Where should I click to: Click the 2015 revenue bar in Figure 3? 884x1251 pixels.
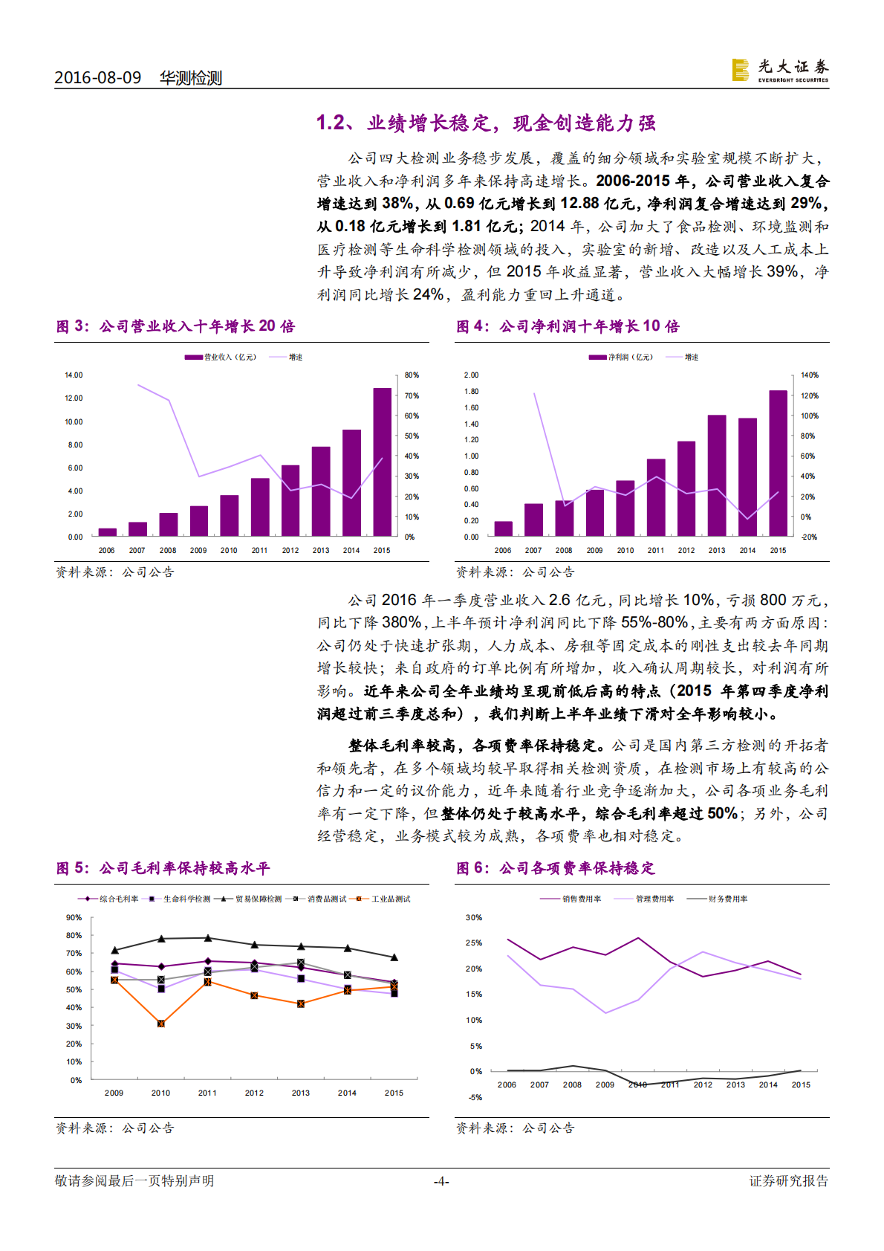[x=382, y=462]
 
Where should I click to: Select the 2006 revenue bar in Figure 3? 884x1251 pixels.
[x=107, y=532]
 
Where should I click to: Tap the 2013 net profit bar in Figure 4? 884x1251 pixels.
[x=717, y=476]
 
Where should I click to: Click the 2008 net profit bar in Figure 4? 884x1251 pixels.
[x=564, y=518]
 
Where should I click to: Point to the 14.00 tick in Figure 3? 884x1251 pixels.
[x=74, y=375]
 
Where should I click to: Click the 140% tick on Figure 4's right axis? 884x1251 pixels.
[x=810, y=375]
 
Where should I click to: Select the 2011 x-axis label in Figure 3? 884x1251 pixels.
[x=259, y=551]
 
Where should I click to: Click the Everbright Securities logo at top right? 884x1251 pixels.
[x=780, y=70]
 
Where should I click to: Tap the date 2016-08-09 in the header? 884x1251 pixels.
[x=97, y=78]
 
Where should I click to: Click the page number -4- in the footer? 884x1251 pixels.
[x=441, y=1181]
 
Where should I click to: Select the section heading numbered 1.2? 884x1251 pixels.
[x=486, y=123]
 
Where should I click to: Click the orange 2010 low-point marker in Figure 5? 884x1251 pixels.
[x=161, y=1024]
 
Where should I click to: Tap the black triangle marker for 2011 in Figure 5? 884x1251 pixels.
[x=208, y=938]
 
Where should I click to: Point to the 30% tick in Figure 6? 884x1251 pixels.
[x=474, y=918]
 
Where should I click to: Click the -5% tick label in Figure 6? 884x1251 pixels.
[x=475, y=1098]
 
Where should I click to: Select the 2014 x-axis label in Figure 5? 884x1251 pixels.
[x=347, y=1093]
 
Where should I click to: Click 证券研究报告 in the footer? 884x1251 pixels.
[x=788, y=1181]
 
